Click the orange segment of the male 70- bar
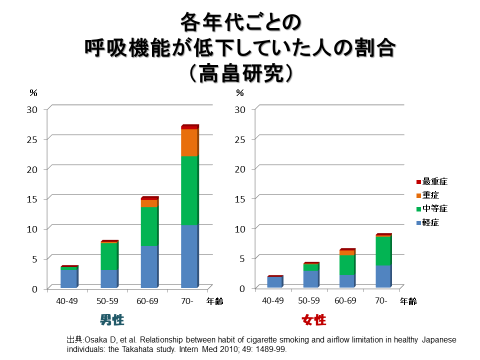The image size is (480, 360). pos(189,142)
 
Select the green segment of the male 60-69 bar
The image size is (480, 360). pos(148,226)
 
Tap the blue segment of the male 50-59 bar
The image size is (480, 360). pos(108,278)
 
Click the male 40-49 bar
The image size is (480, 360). pos(68,277)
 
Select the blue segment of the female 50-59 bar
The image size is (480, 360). pos(310,278)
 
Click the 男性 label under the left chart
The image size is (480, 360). pos(112,320)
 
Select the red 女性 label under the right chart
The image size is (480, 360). pos(314,320)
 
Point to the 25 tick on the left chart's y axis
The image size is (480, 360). pos(32,139)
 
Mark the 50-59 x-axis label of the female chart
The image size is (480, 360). pos(309,301)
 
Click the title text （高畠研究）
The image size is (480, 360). pos(240,73)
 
